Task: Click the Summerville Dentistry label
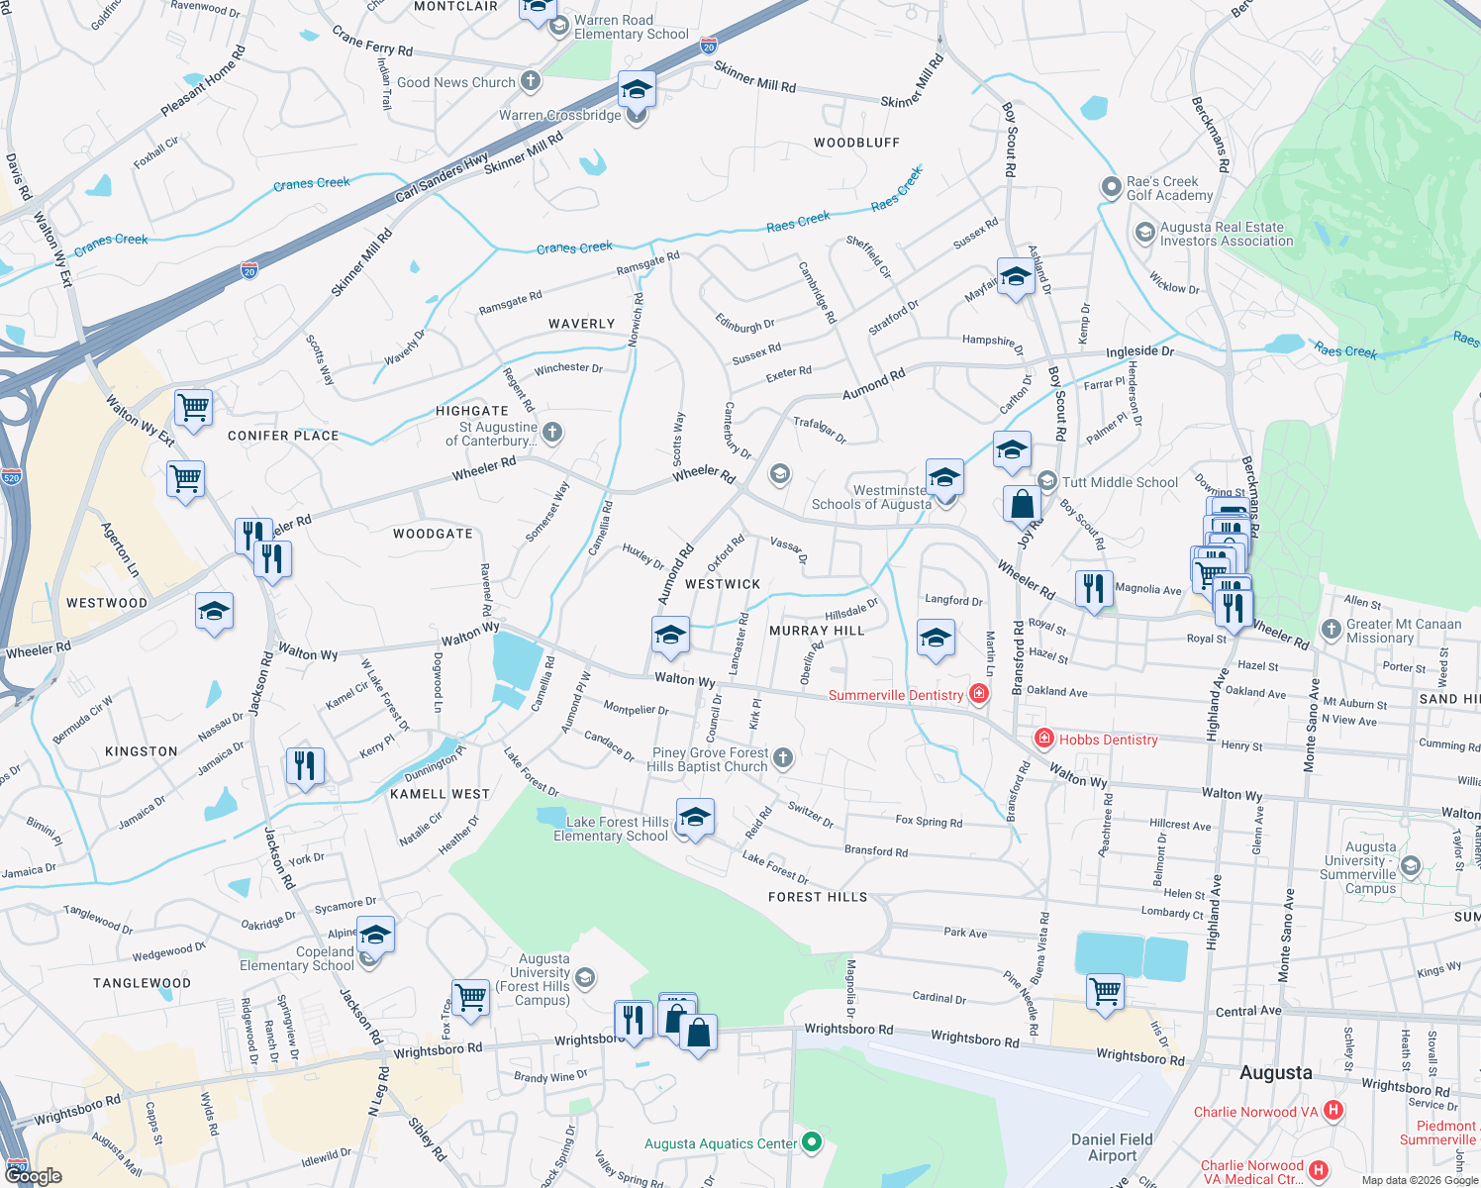point(896,695)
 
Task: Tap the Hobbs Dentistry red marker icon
point(1043,739)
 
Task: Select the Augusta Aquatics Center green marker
point(812,1142)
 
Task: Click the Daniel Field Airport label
point(1112,1147)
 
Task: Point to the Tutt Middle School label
point(1120,482)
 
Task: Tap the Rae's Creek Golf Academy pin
point(1111,187)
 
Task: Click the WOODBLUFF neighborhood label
point(856,143)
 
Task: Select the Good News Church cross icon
point(531,81)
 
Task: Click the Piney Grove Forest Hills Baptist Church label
point(710,759)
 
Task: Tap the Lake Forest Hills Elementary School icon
point(695,819)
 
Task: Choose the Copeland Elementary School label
point(297,958)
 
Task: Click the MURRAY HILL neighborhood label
point(817,631)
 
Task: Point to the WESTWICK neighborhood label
point(723,584)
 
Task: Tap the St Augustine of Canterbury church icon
point(552,432)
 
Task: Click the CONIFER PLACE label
point(283,436)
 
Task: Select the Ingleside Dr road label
point(1139,351)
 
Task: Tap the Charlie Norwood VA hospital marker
point(1333,1111)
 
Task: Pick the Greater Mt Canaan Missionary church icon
point(1332,629)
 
